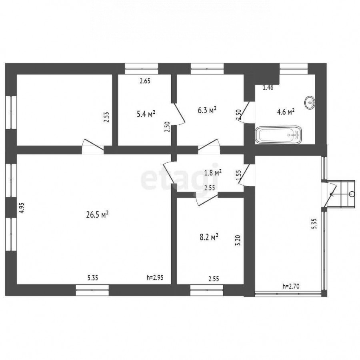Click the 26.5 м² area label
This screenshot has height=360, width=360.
(x=97, y=215)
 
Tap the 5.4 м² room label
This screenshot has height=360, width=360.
(x=146, y=114)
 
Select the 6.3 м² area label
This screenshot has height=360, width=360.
(x=207, y=110)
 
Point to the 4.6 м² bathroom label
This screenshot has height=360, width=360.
(x=286, y=112)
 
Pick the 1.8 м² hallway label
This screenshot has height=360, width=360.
(x=213, y=172)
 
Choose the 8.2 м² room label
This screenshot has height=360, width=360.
(x=209, y=237)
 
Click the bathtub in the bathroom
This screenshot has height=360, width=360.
(x=278, y=135)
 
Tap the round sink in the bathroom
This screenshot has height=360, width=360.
(x=310, y=102)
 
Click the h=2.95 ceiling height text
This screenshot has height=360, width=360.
(x=155, y=278)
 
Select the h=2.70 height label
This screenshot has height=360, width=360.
(x=291, y=286)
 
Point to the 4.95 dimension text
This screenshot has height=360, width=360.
(x=21, y=208)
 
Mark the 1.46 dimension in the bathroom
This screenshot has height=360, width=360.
(x=268, y=87)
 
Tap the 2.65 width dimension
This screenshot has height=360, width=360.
(x=145, y=81)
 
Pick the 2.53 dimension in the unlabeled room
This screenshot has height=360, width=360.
(x=106, y=117)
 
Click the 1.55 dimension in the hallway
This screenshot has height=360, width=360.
(x=238, y=176)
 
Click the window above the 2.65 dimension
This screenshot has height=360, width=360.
(x=142, y=68)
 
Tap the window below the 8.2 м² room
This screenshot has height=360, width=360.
(x=207, y=290)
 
